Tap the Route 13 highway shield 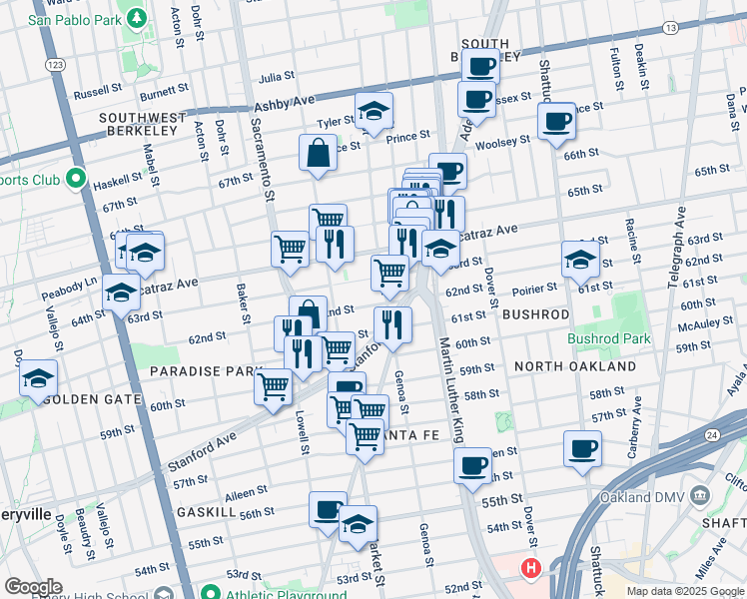(698, 27)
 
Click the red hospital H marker (530, 570)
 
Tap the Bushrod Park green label (608, 338)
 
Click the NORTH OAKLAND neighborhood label (575, 366)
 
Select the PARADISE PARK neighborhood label (205, 371)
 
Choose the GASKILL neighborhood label (206, 511)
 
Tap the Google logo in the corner (33, 587)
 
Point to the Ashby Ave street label (285, 103)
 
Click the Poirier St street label (534, 289)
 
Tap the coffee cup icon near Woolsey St (555, 122)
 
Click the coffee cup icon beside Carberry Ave (582, 448)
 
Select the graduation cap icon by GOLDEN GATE (38, 378)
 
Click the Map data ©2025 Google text (685, 591)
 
